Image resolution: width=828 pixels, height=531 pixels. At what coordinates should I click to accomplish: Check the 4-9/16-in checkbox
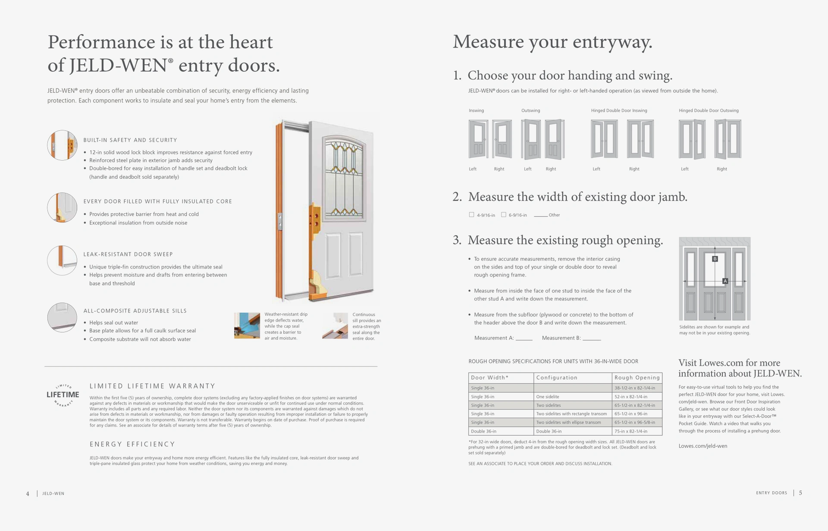point(471,215)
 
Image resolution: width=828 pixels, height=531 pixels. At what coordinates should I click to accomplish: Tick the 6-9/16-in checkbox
point(503,215)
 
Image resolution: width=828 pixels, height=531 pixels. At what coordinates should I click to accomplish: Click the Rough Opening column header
point(637,378)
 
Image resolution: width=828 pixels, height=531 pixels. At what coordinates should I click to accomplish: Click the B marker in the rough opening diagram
point(715,259)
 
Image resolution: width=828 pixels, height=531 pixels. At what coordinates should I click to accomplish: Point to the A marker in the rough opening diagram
point(725,281)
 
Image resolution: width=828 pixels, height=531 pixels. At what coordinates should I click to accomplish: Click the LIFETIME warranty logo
point(63,395)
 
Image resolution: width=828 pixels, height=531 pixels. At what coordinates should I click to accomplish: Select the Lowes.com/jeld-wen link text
point(703,446)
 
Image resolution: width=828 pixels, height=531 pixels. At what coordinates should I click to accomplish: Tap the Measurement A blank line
point(524,339)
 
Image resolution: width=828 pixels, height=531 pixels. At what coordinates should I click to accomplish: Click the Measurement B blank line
point(592,339)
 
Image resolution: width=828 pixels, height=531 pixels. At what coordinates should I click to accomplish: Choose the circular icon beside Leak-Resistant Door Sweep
point(62,260)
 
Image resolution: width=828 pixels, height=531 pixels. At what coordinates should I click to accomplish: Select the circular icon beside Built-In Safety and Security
point(62,145)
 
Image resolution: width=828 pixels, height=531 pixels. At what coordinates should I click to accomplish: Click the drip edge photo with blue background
point(247,326)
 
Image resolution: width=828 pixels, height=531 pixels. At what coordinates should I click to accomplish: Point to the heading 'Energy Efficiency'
point(132,444)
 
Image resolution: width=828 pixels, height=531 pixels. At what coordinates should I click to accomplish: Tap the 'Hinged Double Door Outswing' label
point(709,111)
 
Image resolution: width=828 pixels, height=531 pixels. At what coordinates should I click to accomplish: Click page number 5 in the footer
point(800,493)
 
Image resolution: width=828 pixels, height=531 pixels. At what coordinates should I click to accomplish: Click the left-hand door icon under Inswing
point(478,139)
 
